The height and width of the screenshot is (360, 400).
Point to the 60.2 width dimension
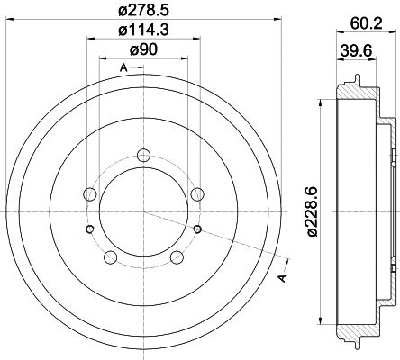tap(365, 25)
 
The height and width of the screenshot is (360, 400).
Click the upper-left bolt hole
tap(88, 193)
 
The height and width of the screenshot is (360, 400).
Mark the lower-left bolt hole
tap(110, 258)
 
